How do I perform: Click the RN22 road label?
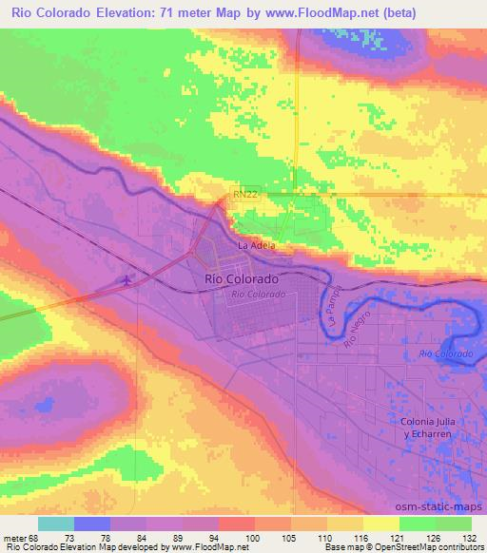coord(244,194)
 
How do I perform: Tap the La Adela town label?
coord(256,245)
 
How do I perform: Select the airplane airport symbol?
coord(129,280)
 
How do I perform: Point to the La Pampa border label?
coord(333,306)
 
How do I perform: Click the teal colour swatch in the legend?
coord(57,524)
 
